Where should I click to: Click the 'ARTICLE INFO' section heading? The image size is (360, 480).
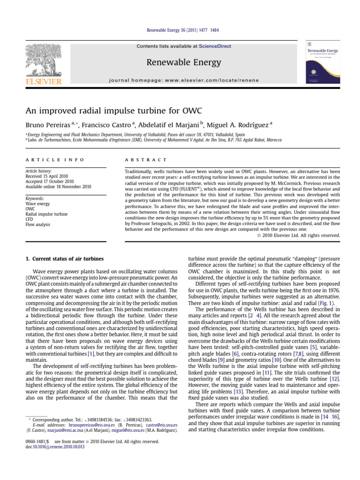(54, 160)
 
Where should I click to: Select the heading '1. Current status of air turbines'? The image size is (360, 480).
(64, 259)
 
